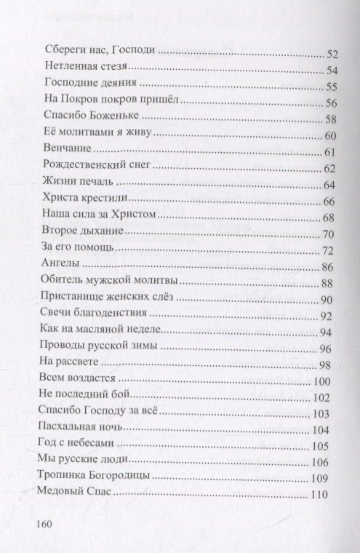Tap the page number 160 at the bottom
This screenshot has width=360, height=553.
click(x=45, y=522)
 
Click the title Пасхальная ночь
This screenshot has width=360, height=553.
click(x=86, y=429)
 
